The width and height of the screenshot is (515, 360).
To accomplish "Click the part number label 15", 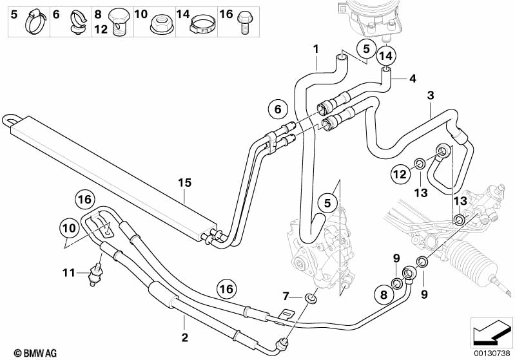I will point(184,183).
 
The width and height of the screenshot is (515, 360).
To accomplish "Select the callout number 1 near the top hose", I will point(316,48).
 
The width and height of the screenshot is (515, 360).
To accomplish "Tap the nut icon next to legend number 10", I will point(158,24).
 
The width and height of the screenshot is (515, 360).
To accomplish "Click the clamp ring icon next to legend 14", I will point(202,26).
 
